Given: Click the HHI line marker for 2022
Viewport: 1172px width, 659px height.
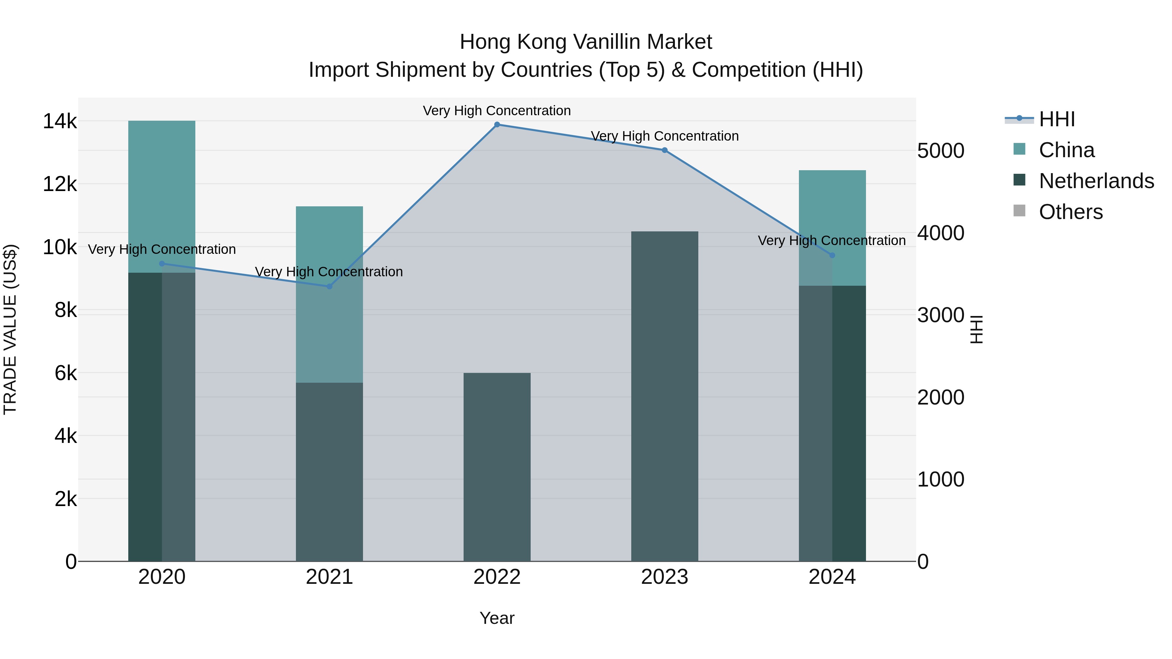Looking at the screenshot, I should pyautogui.click(x=497, y=125).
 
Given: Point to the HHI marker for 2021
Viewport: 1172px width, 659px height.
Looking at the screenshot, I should pyautogui.click(x=329, y=286).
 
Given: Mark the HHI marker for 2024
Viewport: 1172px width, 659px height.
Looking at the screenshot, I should pyautogui.click(x=832, y=255).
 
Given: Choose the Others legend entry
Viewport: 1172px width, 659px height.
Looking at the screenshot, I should pyautogui.click(x=1070, y=212).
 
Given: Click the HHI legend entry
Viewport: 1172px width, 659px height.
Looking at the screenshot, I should pyautogui.click(x=1057, y=119).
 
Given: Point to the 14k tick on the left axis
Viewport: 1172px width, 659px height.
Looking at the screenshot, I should pyautogui.click(x=60, y=121).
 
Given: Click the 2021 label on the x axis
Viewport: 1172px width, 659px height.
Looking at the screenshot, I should pyautogui.click(x=329, y=577).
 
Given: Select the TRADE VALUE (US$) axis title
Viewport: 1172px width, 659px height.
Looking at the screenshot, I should pyautogui.click(x=10, y=329).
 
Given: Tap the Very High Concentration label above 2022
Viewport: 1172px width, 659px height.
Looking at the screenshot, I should pyautogui.click(x=497, y=111).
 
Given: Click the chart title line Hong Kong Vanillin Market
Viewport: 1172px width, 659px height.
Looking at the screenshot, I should pyautogui.click(x=586, y=42).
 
